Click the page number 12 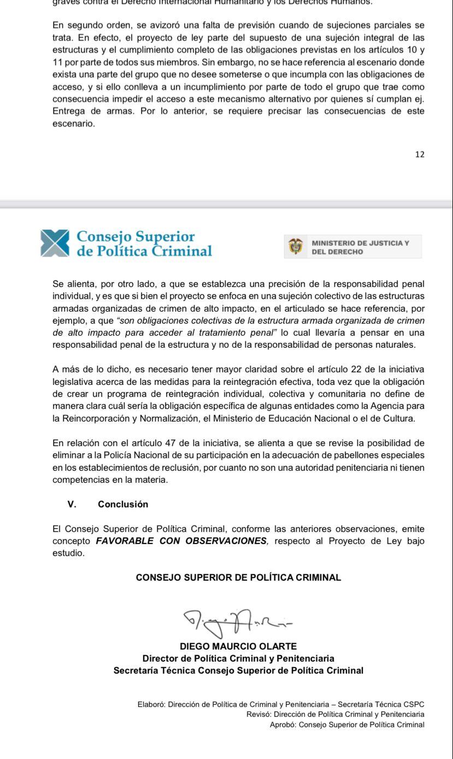420,154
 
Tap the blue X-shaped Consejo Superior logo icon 55,243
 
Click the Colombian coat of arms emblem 296,247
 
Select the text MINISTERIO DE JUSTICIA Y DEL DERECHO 360,247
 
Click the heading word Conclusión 123,504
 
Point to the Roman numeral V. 72,504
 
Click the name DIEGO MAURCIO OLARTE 238,646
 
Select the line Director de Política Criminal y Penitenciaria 238,658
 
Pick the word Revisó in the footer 259,714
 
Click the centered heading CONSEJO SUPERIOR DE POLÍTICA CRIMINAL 238,577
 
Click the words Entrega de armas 85,111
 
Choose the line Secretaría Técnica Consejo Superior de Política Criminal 238,670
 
